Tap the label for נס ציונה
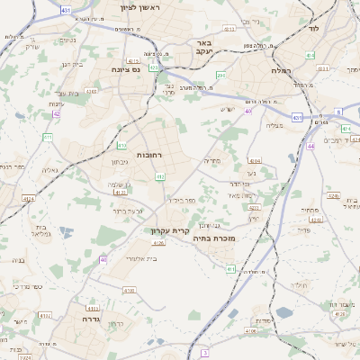[129, 68]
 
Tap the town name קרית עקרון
[168, 230]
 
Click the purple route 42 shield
[57, 114]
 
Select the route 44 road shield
[310, 145]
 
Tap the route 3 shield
[205, 352]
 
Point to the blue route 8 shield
[338, 111]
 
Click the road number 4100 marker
[129, 290]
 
